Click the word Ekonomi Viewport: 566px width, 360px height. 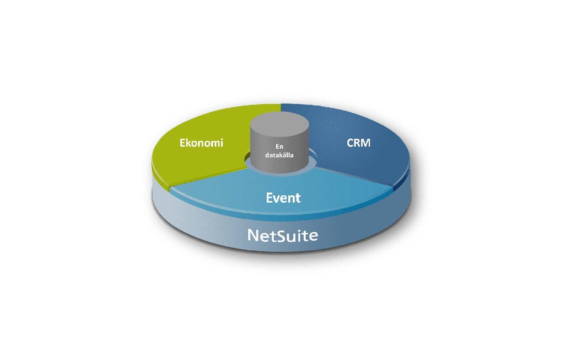point(201,143)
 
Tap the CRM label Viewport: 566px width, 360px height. point(359,143)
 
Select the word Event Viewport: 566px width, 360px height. point(283,198)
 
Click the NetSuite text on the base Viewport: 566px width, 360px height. point(283,235)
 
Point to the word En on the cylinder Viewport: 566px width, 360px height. point(279,147)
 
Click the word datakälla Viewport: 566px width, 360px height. point(279,155)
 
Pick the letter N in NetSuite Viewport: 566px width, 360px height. point(253,235)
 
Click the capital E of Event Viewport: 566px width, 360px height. point(270,198)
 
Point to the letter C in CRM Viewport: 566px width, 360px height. point(351,143)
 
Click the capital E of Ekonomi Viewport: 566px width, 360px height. point(183,143)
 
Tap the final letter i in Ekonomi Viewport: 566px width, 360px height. point(221,142)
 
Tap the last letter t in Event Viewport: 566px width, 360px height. point(298,198)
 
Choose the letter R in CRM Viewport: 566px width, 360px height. point(357,143)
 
